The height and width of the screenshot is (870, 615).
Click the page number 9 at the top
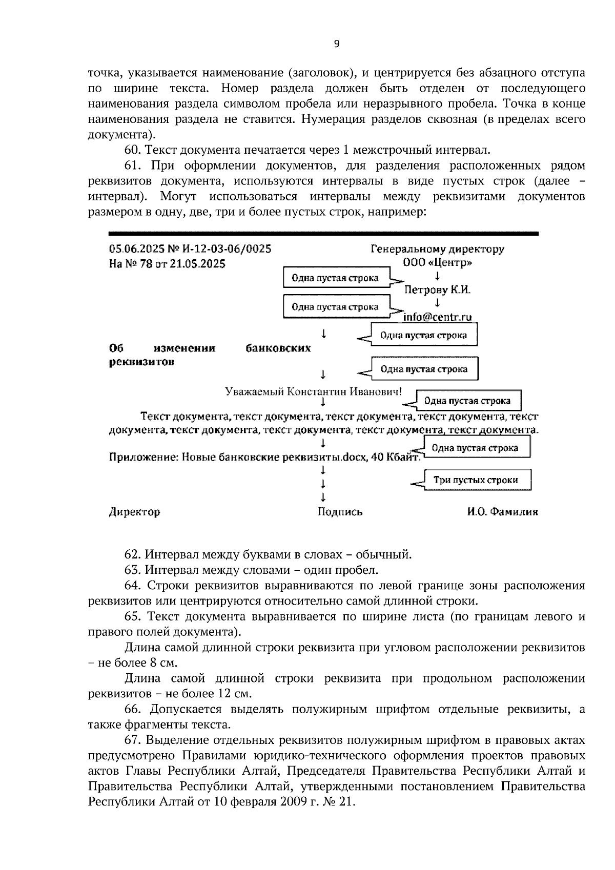[336, 44]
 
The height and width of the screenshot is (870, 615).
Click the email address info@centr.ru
[437, 317]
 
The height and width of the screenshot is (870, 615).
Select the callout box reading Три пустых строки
[476, 480]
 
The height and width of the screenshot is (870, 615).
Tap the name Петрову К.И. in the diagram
[437, 290]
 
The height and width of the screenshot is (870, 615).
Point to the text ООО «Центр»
[437, 263]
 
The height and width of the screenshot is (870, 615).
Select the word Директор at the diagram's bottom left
[134, 512]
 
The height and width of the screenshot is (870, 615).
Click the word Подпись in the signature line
[340, 512]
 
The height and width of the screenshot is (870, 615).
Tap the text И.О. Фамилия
[502, 512]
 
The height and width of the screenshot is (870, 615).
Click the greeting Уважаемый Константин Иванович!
[314, 391]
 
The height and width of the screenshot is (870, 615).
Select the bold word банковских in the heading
[277, 348]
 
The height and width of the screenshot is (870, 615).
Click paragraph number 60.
[132, 150]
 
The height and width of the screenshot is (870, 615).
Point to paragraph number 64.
[132, 586]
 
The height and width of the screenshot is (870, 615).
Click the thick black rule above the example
[323, 234]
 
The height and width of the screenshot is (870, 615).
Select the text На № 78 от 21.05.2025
[167, 264]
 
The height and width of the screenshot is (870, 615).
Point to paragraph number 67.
[132, 740]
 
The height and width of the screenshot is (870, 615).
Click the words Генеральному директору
[437, 250]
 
